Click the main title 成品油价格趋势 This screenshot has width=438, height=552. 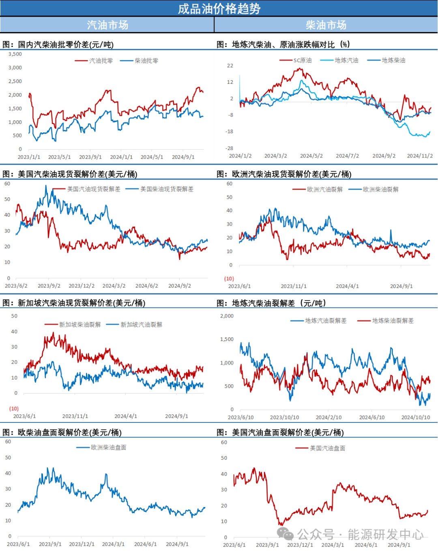[219, 9]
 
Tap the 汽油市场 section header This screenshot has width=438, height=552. [107, 25]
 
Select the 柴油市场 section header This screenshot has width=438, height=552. [326, 25]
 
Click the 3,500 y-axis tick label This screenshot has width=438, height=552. [15, 54]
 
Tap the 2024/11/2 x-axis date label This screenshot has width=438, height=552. [420, 156]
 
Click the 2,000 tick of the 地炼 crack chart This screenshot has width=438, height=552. [227, 316]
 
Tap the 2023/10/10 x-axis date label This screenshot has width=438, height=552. [284, 418]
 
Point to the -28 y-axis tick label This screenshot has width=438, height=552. [230, 148]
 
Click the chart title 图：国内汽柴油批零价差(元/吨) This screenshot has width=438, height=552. [58, 45]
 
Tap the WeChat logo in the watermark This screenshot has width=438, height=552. [285, 534]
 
